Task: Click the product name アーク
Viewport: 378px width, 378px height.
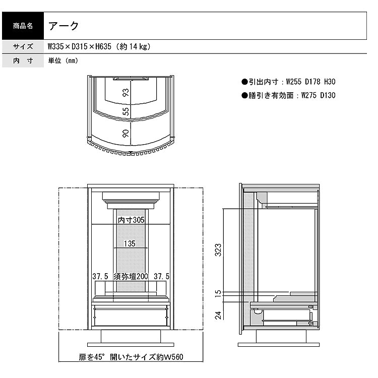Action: coord(64,25)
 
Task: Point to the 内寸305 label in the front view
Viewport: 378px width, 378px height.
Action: coord(131,220)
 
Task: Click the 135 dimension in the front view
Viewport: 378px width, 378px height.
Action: coord(130,244)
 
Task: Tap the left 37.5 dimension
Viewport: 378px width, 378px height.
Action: coord(100,276)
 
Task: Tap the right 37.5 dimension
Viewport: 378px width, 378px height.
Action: coord(161,276)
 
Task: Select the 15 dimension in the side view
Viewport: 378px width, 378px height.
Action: coord(218,292)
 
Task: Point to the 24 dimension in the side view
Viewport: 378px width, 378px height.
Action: coord(218,316)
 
